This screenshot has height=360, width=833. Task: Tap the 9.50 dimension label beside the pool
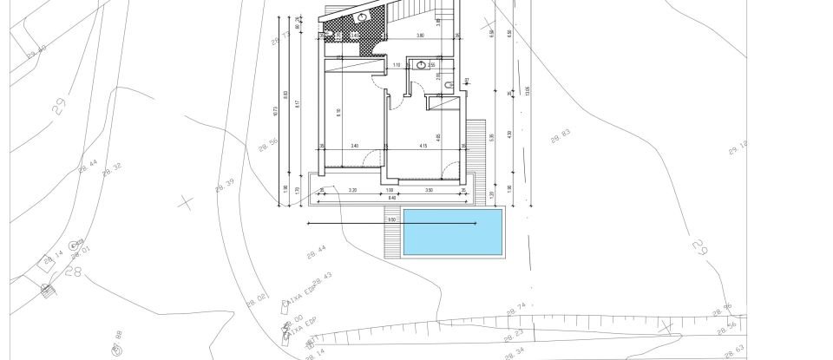coord(392,220)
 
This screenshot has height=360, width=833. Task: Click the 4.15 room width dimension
coord(422,146)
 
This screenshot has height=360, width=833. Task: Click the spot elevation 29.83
coord(561,134)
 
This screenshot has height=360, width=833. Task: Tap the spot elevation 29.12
coord(738,148)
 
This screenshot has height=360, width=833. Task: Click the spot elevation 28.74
coord(515,307)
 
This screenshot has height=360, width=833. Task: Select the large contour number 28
coord(73,272)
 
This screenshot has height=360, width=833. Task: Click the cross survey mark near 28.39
coord(185,202)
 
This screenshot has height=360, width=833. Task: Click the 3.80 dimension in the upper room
coord(420,36)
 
